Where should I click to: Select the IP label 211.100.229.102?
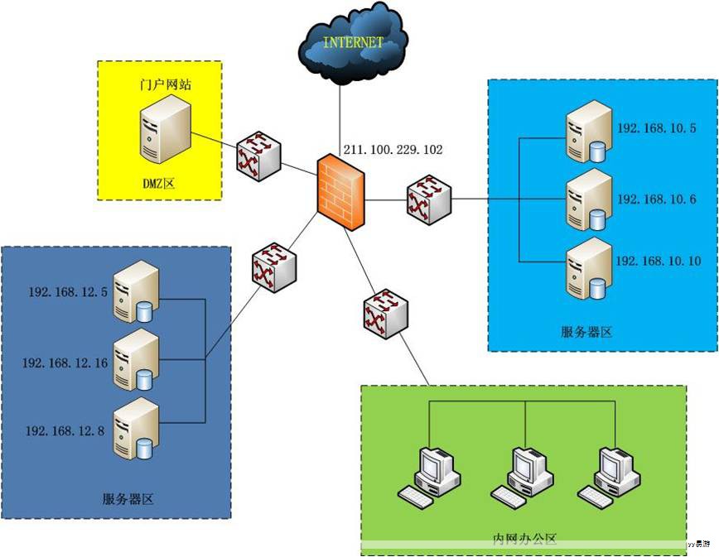393,150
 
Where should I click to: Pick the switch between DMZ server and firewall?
259,156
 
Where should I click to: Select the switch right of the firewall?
429,198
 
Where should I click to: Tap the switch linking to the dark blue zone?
273,266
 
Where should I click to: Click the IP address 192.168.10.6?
657,199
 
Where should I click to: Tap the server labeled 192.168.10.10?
587,267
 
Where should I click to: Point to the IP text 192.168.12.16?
65,362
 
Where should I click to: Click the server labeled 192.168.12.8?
135,428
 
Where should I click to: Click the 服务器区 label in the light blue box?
586,332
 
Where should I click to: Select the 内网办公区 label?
524,540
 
